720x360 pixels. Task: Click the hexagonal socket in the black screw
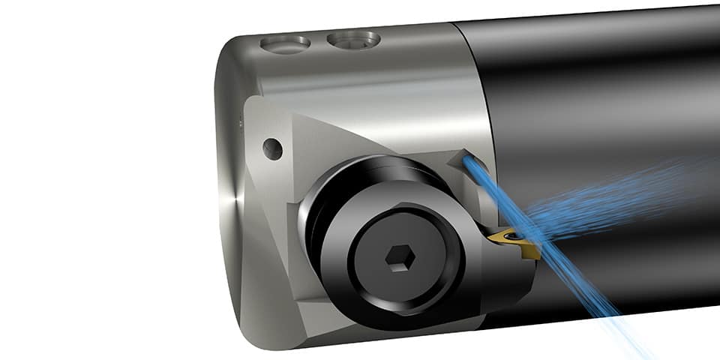397,259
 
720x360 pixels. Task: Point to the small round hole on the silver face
272,148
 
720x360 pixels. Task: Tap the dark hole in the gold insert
513,239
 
